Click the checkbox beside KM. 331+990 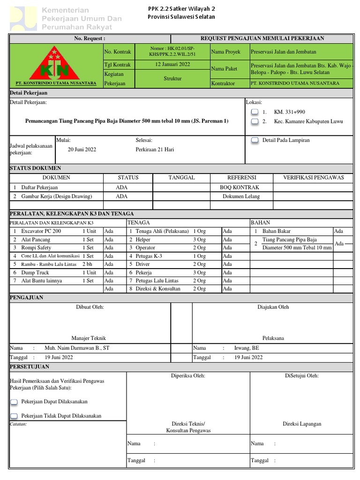click(255, 112)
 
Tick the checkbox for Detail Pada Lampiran click(255, 140)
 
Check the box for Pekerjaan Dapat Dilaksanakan click(14, 402)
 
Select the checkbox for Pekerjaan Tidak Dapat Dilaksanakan click(14, 416)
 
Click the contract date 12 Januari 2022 click(172, 64)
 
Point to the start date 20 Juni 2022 click(82, 149)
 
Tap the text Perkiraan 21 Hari click(155, 149)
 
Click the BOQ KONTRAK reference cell click(241, 187)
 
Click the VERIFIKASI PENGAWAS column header click(313, 178)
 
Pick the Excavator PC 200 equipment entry click(41, 231)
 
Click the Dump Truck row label click(35, 272)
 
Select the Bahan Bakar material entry click(277, 231)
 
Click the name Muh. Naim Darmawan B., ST click(77, 348)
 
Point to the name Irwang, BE click(247, 348)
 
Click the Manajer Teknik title click(89, 338)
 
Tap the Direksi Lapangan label click(302, 424)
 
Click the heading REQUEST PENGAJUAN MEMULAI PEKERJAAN click(262, 38)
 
